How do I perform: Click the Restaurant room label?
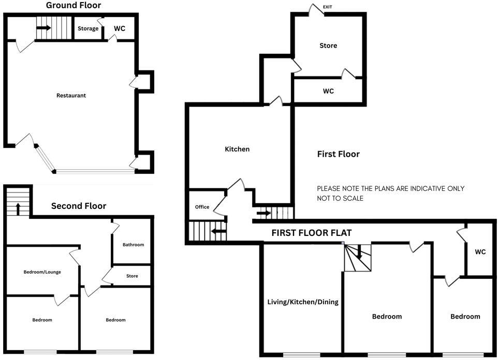71,95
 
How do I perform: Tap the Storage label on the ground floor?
88,28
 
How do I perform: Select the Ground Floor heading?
74,6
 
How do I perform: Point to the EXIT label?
328,7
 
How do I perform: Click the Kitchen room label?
237,149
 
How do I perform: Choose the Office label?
202,207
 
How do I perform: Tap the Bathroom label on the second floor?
133,245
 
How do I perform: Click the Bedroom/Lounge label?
42,272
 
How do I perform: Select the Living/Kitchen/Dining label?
303,302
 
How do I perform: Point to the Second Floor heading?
79,206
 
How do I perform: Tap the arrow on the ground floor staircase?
44,28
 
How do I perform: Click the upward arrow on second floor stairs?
18,208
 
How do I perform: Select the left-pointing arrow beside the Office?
218,231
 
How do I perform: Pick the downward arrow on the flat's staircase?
358,253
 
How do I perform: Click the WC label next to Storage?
119,28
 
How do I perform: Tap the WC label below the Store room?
328,91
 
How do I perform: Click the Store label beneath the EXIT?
328,46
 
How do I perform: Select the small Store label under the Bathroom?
132,276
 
